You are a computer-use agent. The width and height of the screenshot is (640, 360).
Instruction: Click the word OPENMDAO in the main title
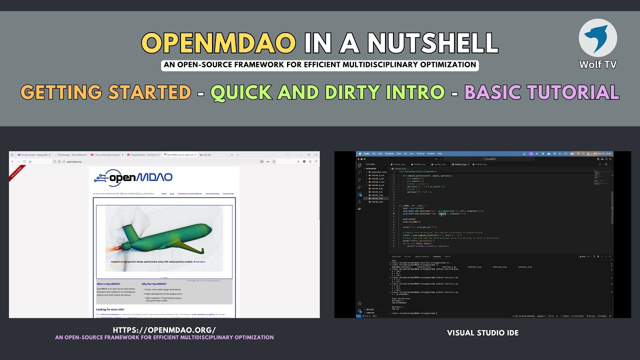pos(218,43)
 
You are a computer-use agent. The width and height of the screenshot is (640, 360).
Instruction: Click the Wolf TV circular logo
pos(597,38)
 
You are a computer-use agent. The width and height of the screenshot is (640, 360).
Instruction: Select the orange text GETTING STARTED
pos(105,92)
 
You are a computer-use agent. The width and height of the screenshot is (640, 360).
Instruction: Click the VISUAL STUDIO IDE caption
pos(482,332)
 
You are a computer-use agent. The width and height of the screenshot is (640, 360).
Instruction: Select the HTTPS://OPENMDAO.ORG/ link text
pos(164,330)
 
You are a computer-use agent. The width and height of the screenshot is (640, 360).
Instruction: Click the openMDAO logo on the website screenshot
pos(133,177)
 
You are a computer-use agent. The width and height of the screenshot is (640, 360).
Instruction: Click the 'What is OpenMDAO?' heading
pos(108,284)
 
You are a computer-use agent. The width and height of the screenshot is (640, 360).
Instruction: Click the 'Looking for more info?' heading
pos(111,309)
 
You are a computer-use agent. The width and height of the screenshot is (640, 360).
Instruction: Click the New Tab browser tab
pos(206,155)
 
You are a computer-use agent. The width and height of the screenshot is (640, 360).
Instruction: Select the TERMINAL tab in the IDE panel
pos(436,256)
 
